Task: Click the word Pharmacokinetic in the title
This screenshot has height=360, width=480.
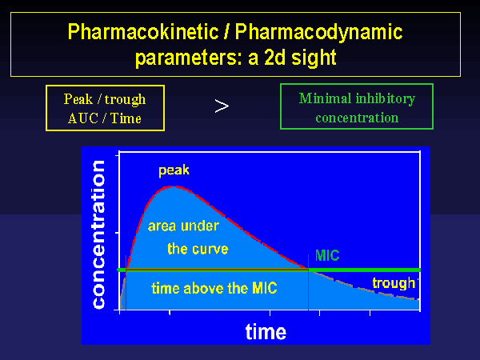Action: (143, 32)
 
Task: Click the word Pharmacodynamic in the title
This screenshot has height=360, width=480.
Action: (318, 32)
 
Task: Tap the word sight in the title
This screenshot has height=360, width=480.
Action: (314, 58)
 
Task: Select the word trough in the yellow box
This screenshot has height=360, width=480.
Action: (126, 99)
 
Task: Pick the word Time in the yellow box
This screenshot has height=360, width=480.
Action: (126, 118)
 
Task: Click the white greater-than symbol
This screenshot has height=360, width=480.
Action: (222, 106)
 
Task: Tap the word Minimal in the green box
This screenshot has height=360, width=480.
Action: (325, 98)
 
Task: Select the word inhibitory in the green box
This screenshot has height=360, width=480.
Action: (386, 99)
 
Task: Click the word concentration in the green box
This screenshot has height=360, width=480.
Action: (357, 118)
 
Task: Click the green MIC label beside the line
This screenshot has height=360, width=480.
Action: (327, 255)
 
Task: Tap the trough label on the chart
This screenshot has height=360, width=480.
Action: (394, 283)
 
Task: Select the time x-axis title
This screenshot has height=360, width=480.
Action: (266, 332)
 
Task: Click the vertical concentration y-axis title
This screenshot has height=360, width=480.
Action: (98, 234)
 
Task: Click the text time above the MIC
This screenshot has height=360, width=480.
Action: (214, 288)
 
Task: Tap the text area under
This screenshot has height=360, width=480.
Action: (183, 226)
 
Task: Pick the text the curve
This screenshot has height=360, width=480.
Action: (198, 249)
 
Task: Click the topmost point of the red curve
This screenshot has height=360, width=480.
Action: (174, 186)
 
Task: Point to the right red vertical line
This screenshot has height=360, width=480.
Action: (308, 282)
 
